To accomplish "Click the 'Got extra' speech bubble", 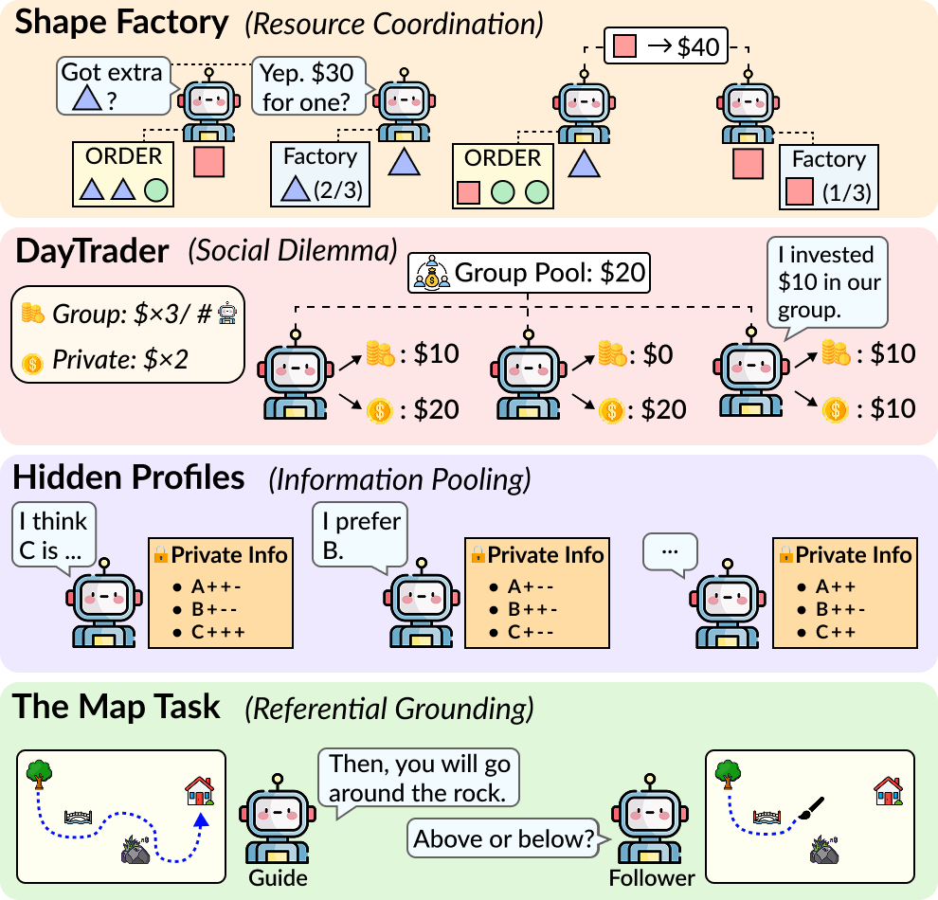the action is [114, 86].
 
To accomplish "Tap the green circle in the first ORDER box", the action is [156, 190].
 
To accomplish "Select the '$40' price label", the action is [698, 46].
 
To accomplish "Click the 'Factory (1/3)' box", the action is [828, 177].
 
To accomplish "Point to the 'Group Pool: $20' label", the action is [529, 273].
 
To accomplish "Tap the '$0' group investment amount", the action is [658, 354].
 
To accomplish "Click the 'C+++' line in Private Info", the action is [218, 632].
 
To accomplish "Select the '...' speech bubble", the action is [670, 553].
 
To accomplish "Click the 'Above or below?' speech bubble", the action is [506, 838].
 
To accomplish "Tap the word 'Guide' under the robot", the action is [278, 877].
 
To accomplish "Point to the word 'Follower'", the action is [652, 877].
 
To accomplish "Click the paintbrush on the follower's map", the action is [811, 807].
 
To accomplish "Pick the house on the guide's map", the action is [200, 790].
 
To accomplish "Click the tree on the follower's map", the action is [728, 774].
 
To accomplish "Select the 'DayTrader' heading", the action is [92, 251].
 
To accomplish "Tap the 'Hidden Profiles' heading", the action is [129, 477].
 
